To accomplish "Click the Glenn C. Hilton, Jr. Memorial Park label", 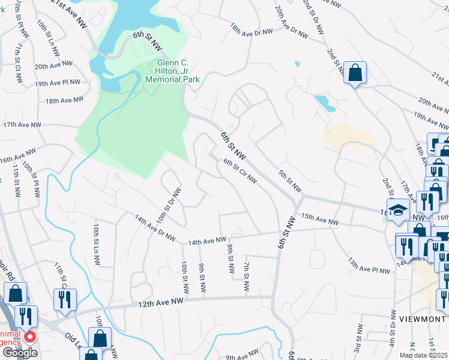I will [178, 70].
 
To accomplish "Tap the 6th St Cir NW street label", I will [240, 171].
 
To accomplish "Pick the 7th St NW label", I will [247, 275].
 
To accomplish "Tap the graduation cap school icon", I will [397, 209].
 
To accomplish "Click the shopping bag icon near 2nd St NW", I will [355, 73].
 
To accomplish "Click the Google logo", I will [19, 353].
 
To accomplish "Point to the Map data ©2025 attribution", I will [424, 355].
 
